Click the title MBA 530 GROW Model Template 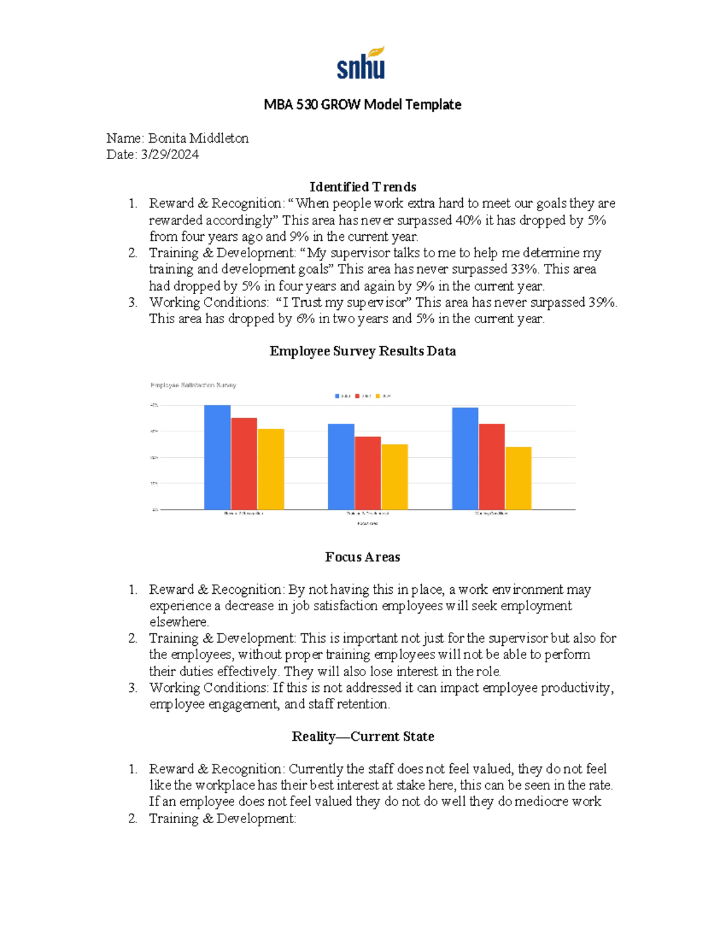[362, 105]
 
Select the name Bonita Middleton [198, 138]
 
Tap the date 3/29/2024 [169, 154]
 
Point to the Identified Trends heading [362, 187]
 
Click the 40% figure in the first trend [468, 220]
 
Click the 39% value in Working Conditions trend [602, 302]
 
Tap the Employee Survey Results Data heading [362, 351]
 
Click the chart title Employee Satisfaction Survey [193, 385]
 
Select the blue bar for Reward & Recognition [217, 457]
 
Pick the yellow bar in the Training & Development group [394, 477]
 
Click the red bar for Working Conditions [491, 466]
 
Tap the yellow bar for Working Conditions [518, 478]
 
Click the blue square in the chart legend [338, 396]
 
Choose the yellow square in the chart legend [378, 396]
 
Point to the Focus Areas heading [362, 557]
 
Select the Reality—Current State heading [362, 737]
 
